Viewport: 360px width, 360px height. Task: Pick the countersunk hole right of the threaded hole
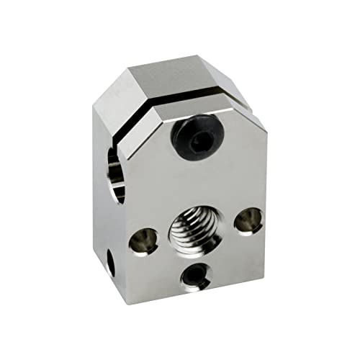coord(248,220)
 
